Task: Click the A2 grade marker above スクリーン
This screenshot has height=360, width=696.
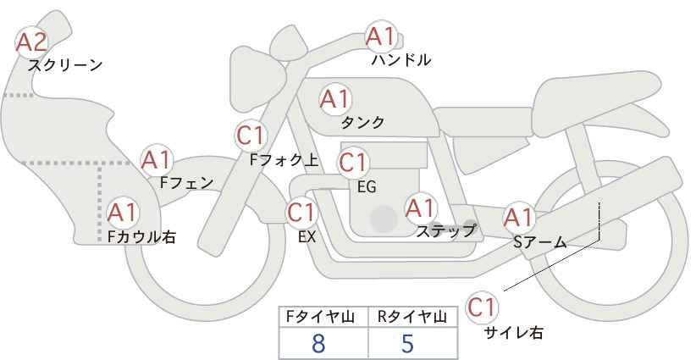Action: [x=31, y=42]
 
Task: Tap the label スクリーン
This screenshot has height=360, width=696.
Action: [x=65, y=66]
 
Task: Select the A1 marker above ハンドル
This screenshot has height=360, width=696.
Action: [x=380, y=36]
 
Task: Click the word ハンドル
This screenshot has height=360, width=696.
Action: [x=401, y=59]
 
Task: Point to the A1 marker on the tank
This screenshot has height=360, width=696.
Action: [x=335, y=99]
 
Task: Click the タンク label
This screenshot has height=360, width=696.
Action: [x=362, y=122]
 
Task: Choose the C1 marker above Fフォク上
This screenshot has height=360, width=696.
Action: [x=251, y=136]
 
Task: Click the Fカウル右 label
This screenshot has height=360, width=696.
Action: [x=141, y=236]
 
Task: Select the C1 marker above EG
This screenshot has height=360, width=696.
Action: [x=353, y=163]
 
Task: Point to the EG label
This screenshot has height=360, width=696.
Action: [x=367, y=187]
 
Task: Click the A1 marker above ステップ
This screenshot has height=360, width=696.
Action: [x=420, y=208]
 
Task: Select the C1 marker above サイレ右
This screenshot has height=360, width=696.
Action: [x=482, y=307]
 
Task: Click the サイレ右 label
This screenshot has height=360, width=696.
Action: [x=514, y=333]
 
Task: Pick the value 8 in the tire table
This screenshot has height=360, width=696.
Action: [x=318, y=343]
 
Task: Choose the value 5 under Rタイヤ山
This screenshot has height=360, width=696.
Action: [x=407, y=343]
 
